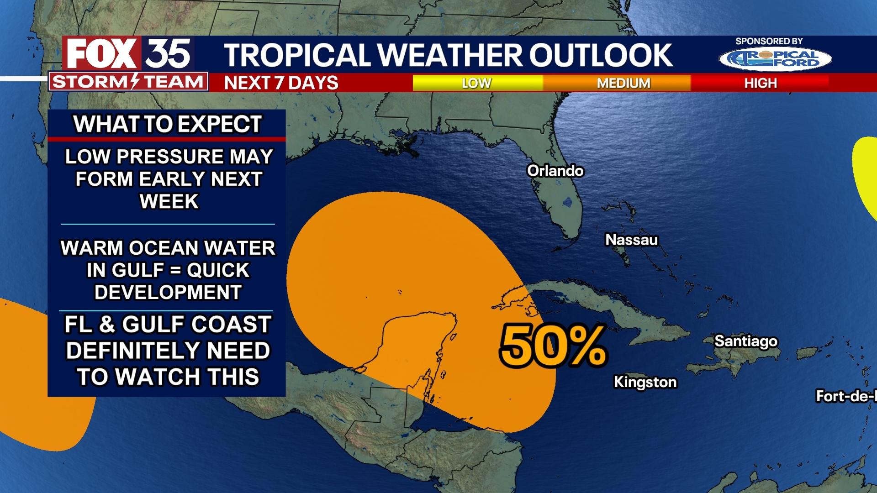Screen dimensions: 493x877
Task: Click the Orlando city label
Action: click(555, 171)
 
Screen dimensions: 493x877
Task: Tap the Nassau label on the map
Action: click(631, 240)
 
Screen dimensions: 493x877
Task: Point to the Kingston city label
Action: click(645, 382)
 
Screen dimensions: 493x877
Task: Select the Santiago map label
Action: click(745, 341)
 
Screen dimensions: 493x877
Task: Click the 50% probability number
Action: click(553, 346)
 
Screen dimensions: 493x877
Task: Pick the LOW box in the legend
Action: click(477, 83)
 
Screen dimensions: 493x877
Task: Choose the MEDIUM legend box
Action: click(623, 83)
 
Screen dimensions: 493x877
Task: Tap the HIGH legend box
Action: click(760, 83)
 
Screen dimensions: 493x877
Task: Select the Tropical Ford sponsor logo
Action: click(775, 59)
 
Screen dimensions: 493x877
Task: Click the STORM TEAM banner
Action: click(128, 82)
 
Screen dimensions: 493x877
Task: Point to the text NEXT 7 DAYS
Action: click(281, 83)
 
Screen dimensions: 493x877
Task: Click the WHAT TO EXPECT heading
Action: click(167, 124)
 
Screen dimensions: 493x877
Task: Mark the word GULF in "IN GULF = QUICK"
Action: click(137, 270)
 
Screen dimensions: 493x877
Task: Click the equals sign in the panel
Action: click(175, 271)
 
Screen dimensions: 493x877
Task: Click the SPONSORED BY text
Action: click(769, 41)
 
